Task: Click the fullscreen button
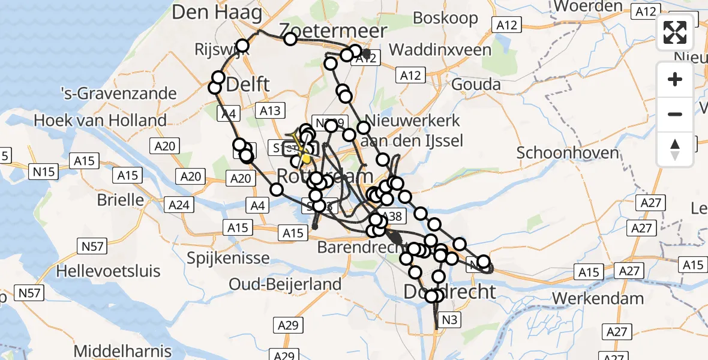[x=675, y=32]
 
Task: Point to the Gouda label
[x=476, y=84]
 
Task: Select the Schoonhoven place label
[x=568, y=152]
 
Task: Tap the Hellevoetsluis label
[x=109, y=271]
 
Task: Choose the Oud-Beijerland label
[x=286, y=284]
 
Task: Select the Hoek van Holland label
[x=100, y=120]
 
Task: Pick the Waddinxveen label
[x=440, y=50]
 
